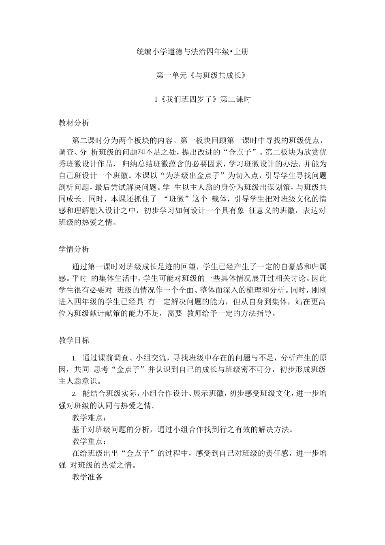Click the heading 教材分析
tap(74, 123)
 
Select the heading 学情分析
tap(74, 249)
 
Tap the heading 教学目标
tap(74, 340)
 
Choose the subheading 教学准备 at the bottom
tap(88, 477)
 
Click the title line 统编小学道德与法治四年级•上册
tap(192, 51)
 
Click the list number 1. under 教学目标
tap(74, 358)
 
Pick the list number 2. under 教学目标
tap(74, 394)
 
